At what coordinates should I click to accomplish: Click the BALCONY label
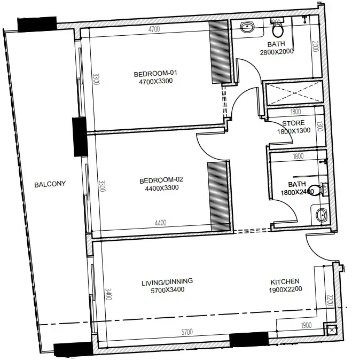tap(50, 184)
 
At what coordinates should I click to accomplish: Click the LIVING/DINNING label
tap(167, 281)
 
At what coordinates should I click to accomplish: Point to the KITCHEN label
tap(285, 281)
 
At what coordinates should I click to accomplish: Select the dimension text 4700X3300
tap(156, 81)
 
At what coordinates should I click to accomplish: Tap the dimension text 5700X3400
tap(167, 290)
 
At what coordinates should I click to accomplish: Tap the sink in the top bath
tap(247, 27)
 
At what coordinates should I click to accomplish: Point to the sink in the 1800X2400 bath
tap(321, 215)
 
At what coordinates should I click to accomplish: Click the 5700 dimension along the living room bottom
tap(187, 332)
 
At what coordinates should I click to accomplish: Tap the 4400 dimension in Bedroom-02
tap(160, 223)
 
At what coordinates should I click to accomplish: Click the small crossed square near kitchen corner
tap(331, 330)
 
